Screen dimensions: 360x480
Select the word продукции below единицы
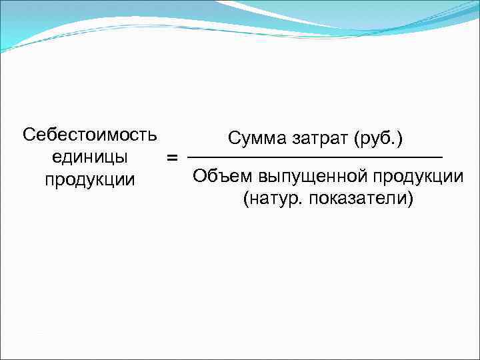(89, 180)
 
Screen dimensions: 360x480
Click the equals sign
(172, 158)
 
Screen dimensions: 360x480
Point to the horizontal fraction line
(315, 157)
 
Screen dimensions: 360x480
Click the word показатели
(360, 199)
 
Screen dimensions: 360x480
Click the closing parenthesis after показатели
(410, 199)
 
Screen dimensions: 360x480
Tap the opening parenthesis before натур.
(247, 199)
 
